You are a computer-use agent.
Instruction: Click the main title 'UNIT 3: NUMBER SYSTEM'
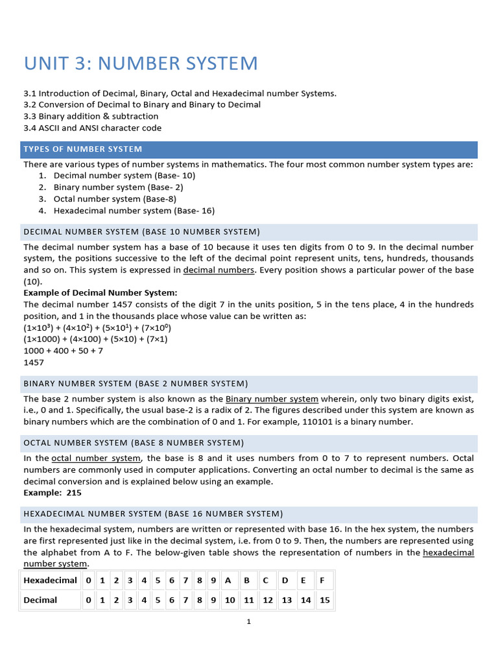141,64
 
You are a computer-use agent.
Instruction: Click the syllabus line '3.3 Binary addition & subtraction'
91,116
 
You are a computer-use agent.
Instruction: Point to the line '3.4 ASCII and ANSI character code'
93,128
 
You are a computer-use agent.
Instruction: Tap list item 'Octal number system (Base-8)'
115,199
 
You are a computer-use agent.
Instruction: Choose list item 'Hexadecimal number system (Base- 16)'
134,211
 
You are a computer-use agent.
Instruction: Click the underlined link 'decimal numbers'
219,270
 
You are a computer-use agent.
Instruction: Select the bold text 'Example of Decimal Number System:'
101,293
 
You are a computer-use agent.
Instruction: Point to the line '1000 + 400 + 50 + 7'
64,351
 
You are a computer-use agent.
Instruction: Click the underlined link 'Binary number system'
272,399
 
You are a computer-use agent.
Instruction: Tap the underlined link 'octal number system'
95,458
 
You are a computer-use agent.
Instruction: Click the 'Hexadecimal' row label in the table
50,580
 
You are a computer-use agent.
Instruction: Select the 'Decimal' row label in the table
40,600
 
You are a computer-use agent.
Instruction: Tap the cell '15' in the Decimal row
325,600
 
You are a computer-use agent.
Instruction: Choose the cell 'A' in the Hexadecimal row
228,580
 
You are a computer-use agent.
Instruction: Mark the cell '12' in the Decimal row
267,600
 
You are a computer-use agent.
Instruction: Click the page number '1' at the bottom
248,622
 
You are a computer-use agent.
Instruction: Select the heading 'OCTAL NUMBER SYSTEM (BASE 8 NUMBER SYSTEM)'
134,443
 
